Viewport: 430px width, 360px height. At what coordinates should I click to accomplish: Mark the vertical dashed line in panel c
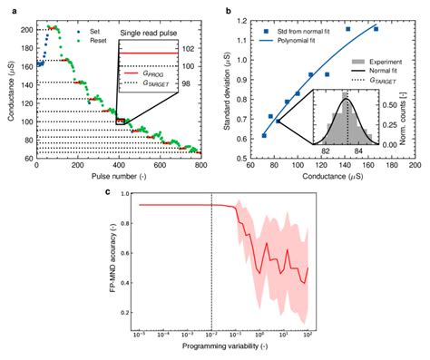pyautogui.click(x=211, y=263)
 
